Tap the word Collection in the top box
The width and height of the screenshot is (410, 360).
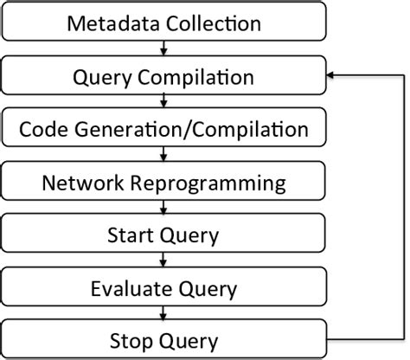[210, 24]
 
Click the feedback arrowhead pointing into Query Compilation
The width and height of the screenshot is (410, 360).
[331, 77]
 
